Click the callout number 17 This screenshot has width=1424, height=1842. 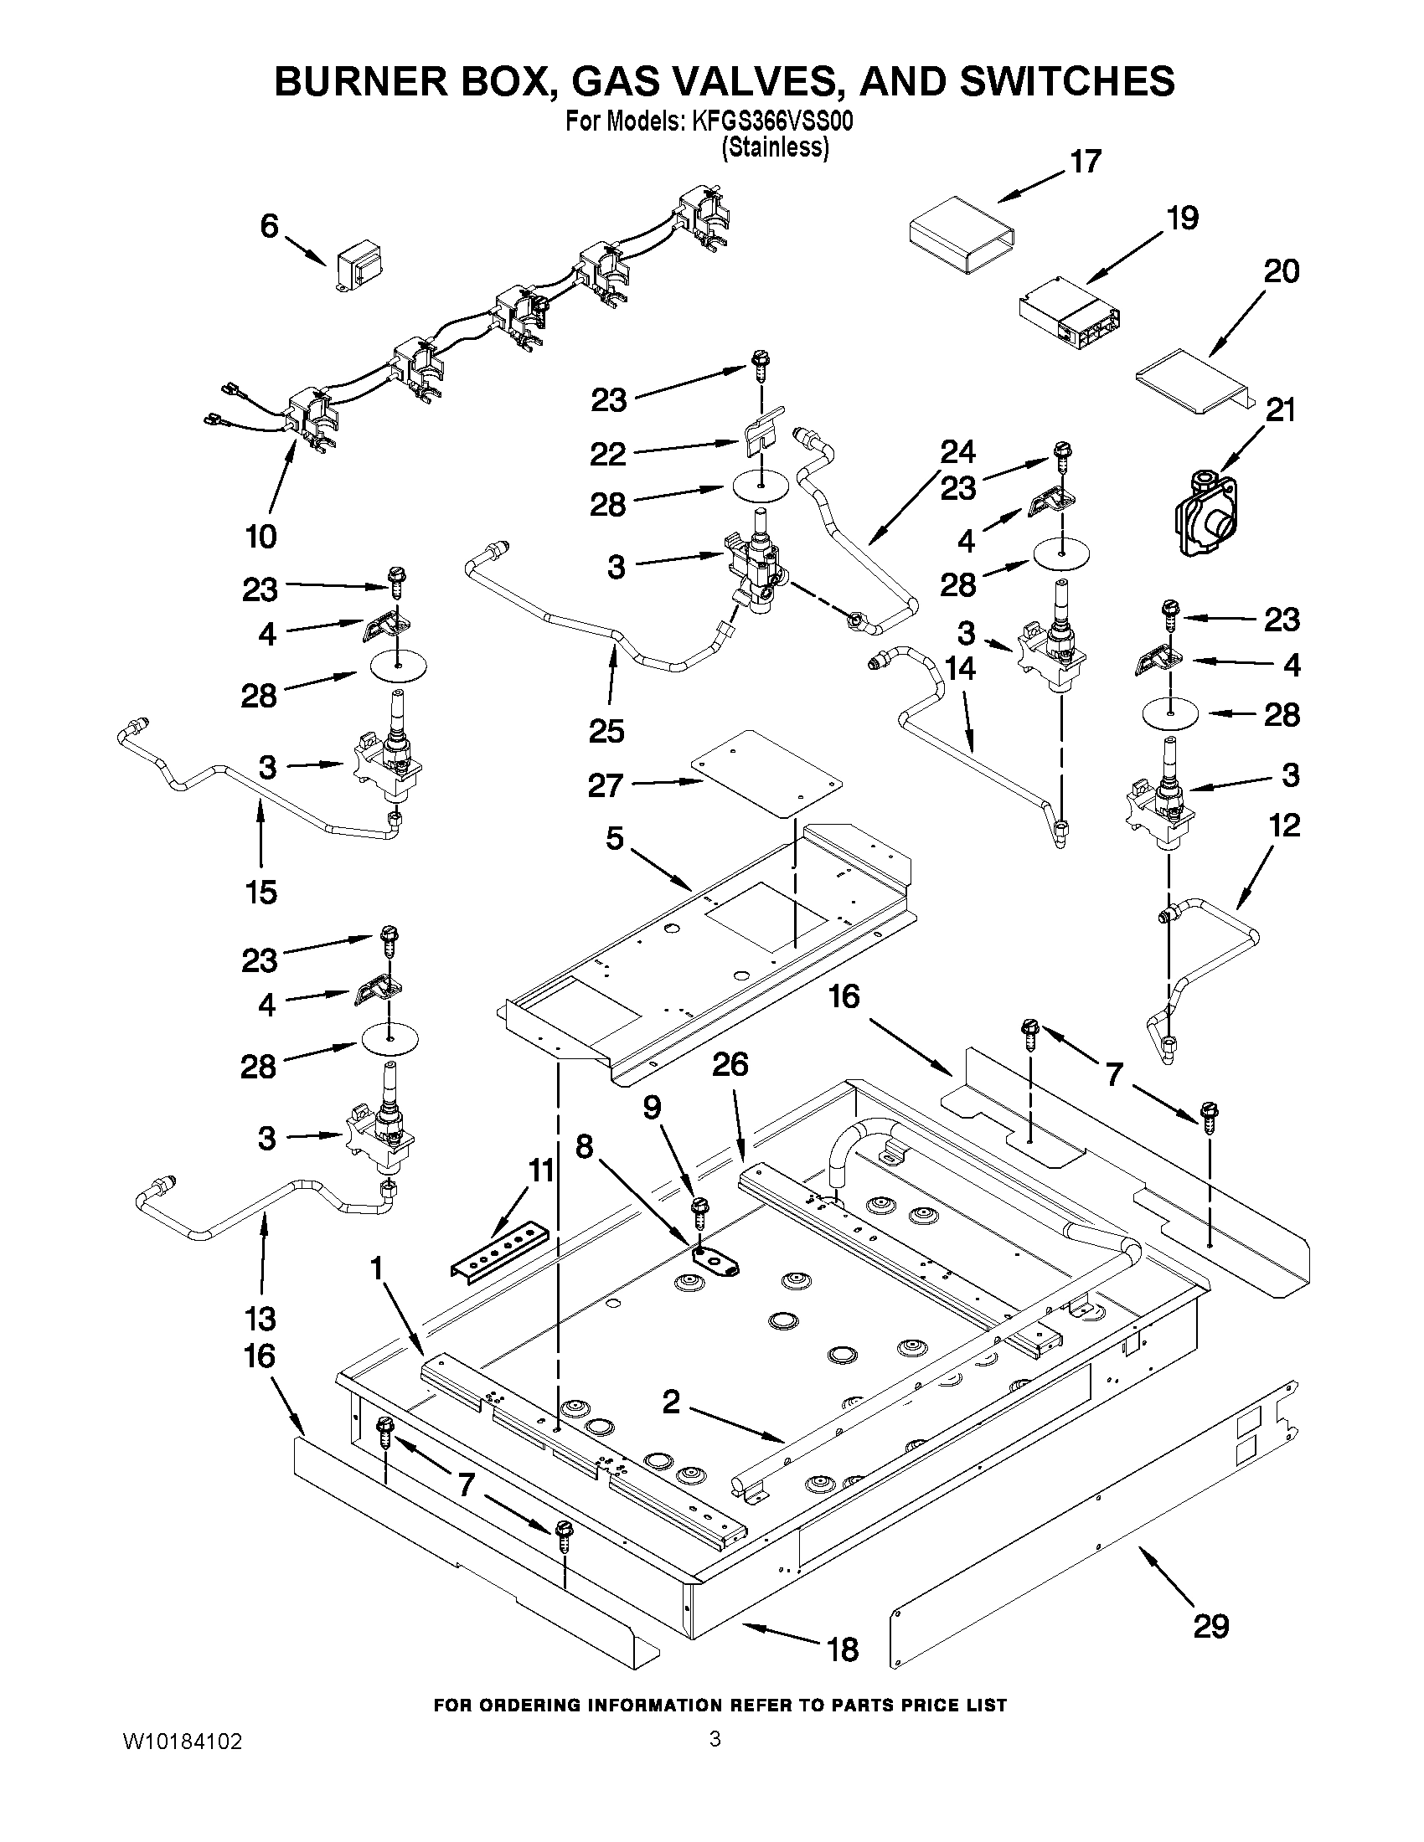(x=1086, y=162)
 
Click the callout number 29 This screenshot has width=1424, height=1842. (x=1210, y=1625)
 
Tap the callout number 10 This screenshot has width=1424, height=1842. (x=262, y=537)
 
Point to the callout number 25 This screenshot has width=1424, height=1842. (x=606, y=730)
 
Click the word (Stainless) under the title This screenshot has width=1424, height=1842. (x=775, y=147)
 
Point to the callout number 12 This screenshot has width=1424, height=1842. (x=1284, y=825)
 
